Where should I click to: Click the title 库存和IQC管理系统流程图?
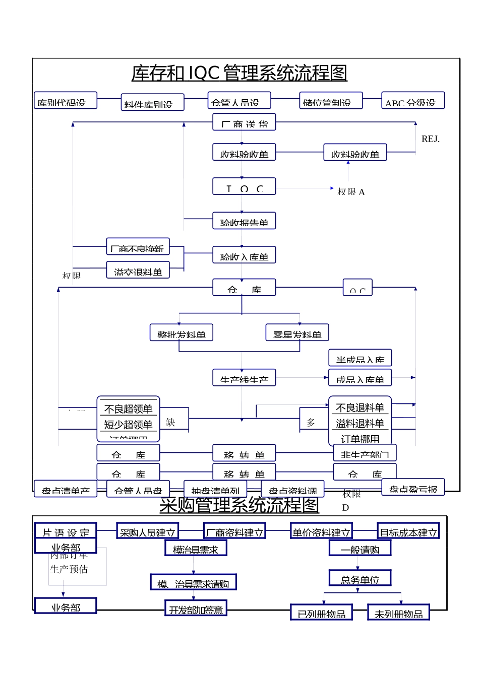[x=239, y=73]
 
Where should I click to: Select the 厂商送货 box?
[x=244, y=122]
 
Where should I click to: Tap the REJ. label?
[x=430, y=139]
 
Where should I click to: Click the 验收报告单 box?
[x=244, y=221]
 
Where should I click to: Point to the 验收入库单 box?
[x=244, y=255]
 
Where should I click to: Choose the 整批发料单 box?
[x=181, y=333]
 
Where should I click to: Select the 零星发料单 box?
[x=297, y=333]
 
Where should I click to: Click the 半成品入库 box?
[x=360, y=358]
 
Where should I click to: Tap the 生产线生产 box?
[x=244, y=378]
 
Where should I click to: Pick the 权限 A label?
[x=351, y=192]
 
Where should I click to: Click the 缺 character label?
[x=170, y=422]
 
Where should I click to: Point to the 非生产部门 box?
[x=365, y=453]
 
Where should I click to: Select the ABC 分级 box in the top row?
[x=412, y=101]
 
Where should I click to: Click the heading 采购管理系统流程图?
[x=239, y=505]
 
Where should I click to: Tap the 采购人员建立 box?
[x=147, y=531]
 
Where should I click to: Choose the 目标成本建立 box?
[x=408, y=531]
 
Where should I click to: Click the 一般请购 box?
[x=360, y=548]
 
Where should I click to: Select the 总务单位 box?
[x=360, y=578]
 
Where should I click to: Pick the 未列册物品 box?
[x=398, y=613]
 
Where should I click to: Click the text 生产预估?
[x=69, y=569]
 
